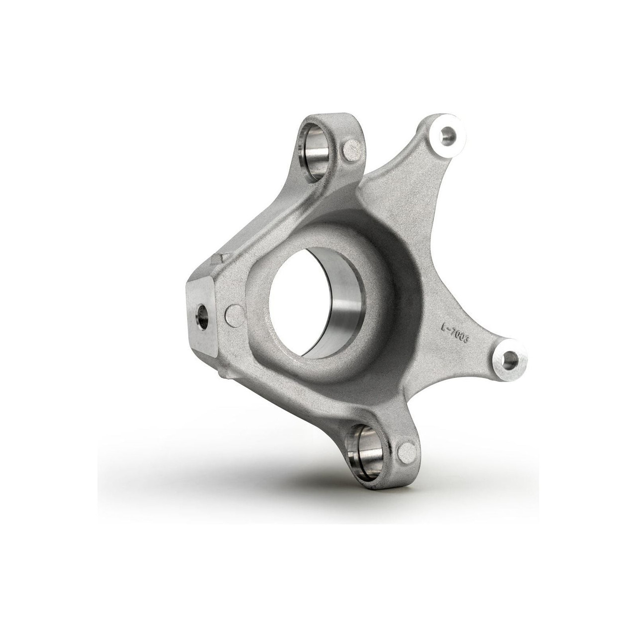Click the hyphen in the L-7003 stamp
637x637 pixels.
[x=451, y=330]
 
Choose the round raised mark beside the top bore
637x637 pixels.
[x=352, y=149]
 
